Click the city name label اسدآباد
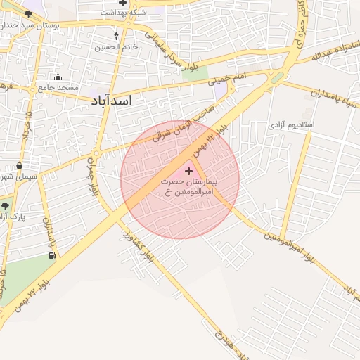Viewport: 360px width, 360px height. click(x=112, y=101)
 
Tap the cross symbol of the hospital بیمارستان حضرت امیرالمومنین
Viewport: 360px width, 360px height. click(x=188, y=171)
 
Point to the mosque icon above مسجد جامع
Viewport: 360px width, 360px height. click(x=58, y=77)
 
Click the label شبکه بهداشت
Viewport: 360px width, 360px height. click(x=123, y=13)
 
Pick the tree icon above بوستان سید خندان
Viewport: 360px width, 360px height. click(x=28, y=14)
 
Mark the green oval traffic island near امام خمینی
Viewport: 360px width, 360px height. click(x=278, y=77)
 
